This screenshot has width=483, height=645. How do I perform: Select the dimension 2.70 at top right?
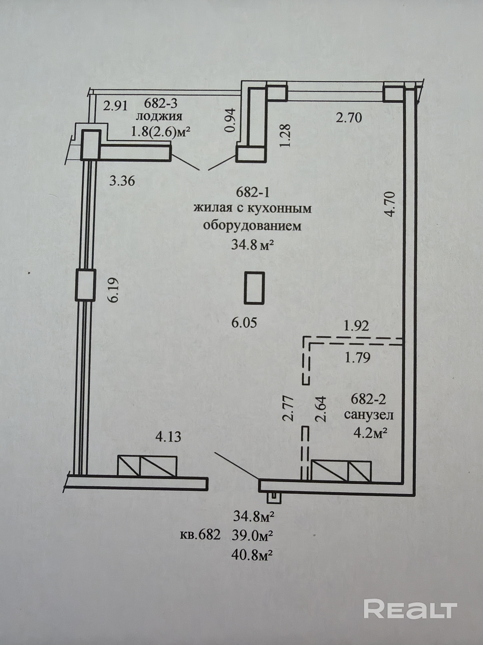click(x=349, y=118)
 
